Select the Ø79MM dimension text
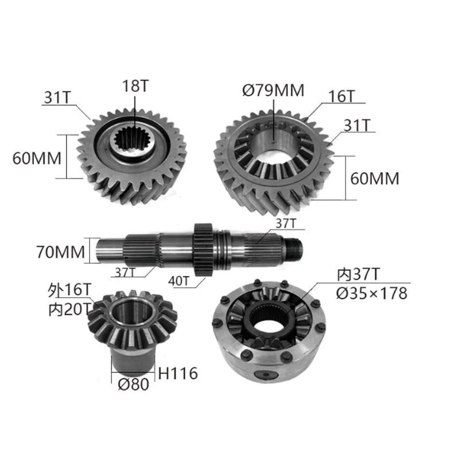[274, 90]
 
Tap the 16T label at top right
[341, 96]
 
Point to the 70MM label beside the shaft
[60, 252]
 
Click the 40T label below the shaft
[179, 281]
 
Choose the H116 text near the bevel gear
[178, 374]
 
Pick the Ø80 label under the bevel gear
[134, 384]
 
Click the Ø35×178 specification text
[371, 293]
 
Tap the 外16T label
[69, 290]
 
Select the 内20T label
[70, 310]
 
